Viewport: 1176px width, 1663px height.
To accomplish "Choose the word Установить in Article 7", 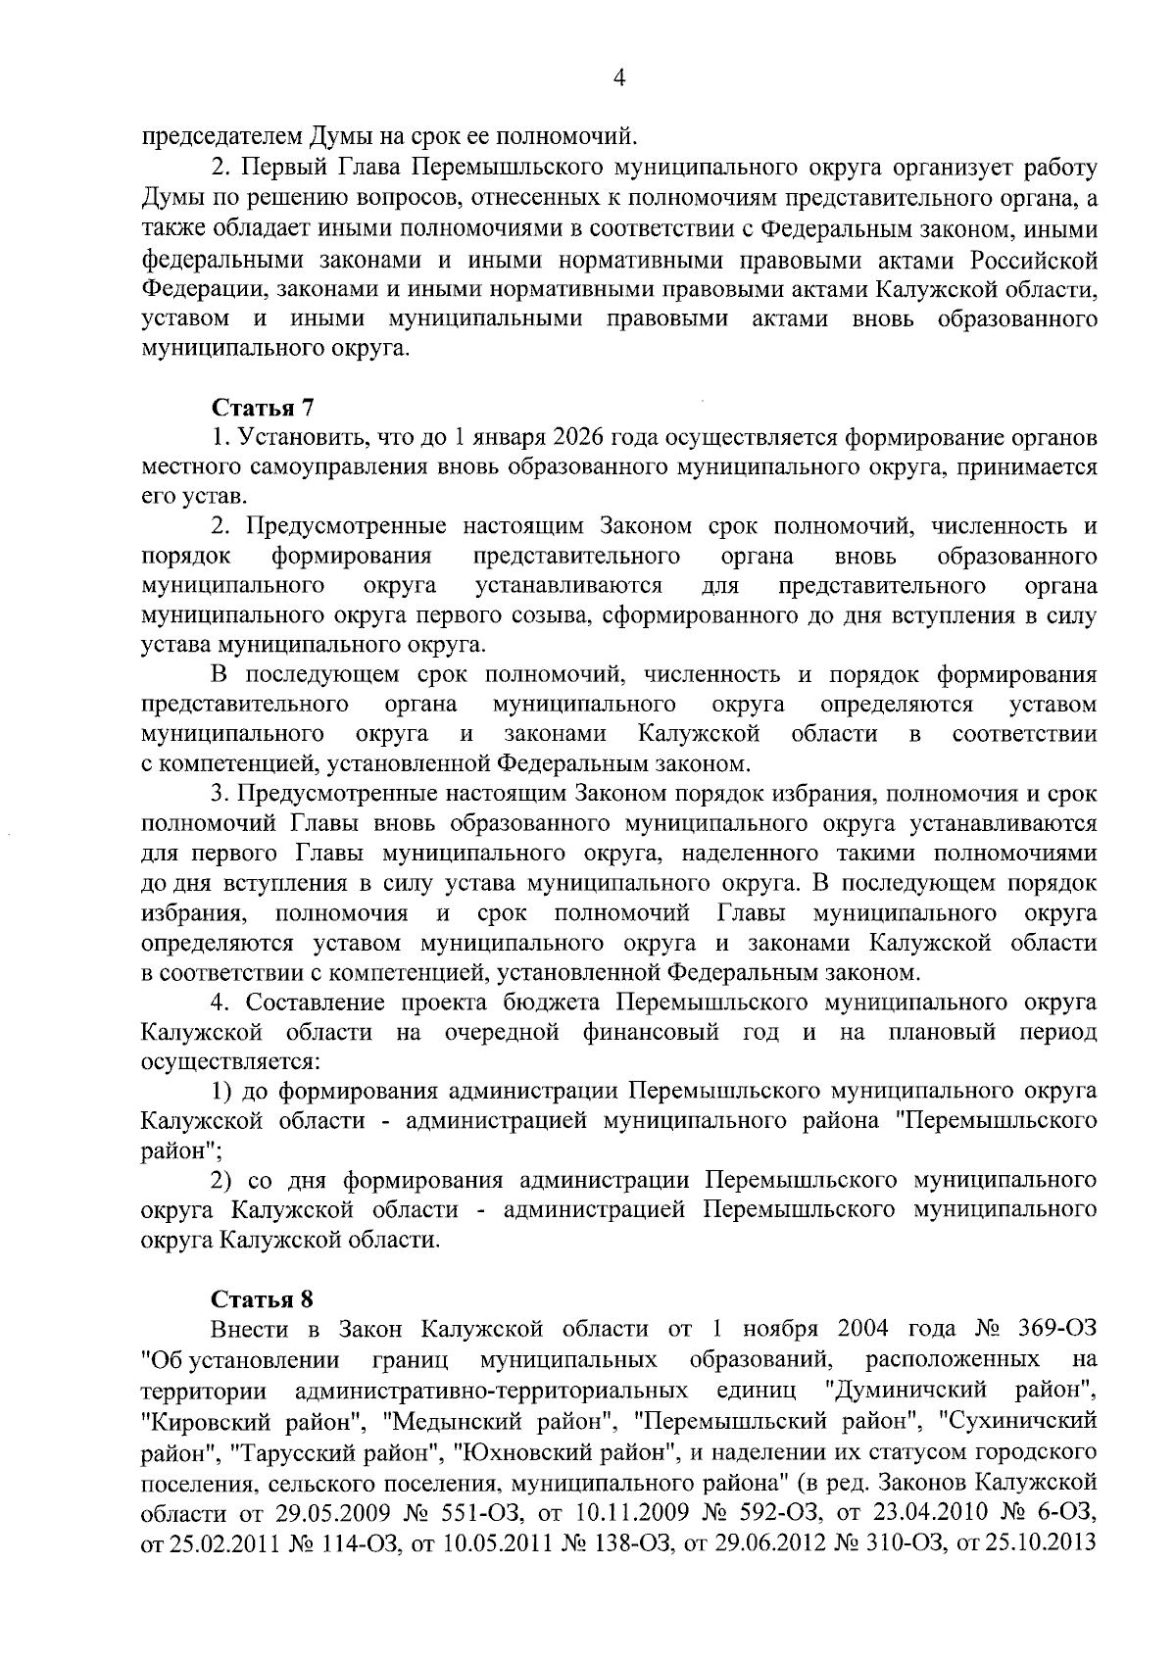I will pyautogui.click(x=303, y=437).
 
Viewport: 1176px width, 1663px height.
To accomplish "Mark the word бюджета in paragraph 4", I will pyautogui.click(x=562, y=1003).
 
